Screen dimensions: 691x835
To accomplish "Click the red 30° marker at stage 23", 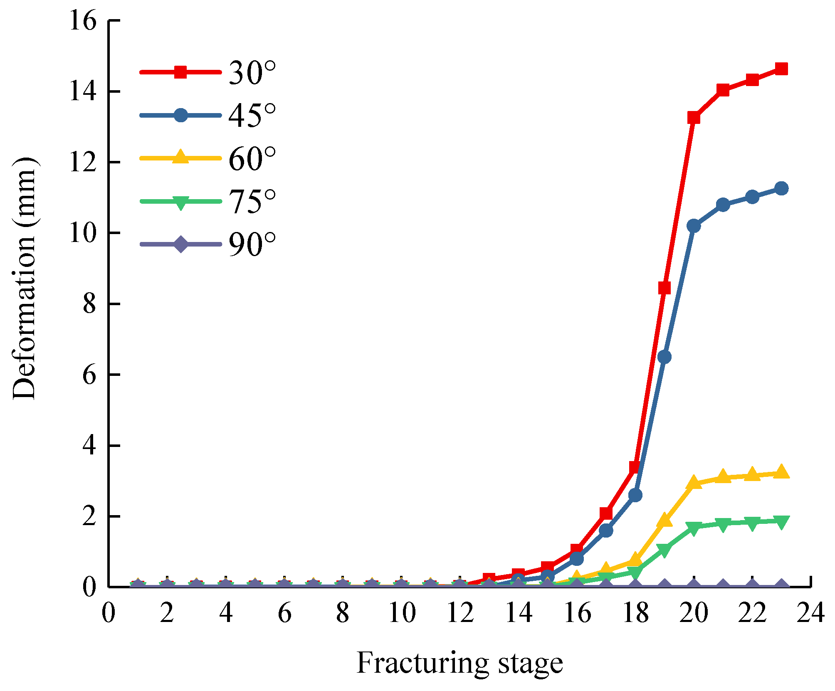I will point(781,69).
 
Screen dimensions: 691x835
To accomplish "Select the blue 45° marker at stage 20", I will point(694,226).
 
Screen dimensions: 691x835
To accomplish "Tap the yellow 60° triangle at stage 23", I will point(781,472).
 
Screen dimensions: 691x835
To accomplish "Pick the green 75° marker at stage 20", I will point(694,528).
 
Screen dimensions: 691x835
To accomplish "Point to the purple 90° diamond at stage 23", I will point(781,586).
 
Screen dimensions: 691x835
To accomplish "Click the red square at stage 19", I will point(665,288).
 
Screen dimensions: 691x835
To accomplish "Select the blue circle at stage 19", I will point(665,357).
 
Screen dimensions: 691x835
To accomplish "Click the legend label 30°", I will point(252,73).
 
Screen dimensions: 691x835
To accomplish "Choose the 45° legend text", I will point(252,116).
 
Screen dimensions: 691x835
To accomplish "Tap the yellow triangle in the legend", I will point(180,157).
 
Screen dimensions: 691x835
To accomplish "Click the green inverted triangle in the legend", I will point(180,203).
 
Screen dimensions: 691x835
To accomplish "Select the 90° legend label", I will point(252,244).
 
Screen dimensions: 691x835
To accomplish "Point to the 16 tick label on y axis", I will point(83,21).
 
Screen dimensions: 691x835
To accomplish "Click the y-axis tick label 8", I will point(89,304).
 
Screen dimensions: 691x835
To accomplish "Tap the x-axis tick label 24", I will point(810,613).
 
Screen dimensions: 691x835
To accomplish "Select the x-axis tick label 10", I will point(402,613).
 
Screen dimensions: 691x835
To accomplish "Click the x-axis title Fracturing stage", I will point(459,663).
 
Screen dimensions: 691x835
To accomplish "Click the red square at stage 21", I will point(723,90).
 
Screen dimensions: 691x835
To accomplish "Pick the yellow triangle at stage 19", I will point(665,520).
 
